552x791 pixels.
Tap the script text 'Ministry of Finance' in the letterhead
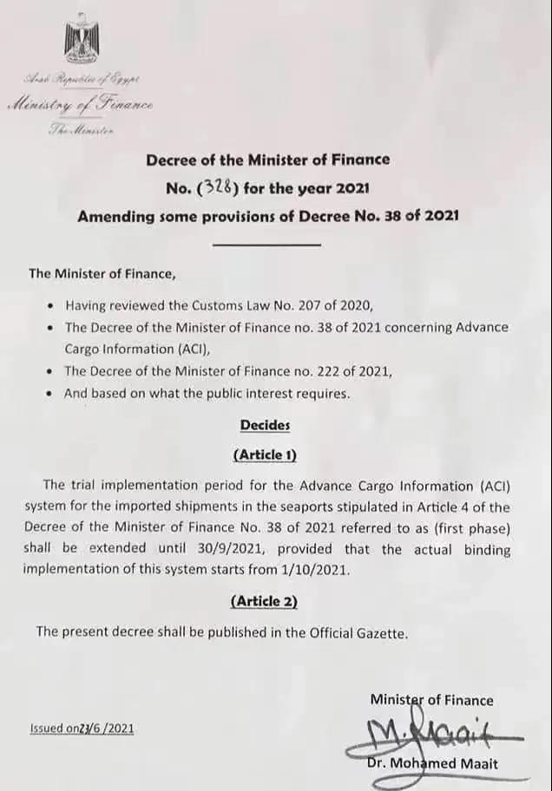tap(82, 105)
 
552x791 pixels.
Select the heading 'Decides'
tap(265, 425)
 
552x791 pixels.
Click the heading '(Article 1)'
tap(265, 454)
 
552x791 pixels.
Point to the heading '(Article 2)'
tap(264, 600)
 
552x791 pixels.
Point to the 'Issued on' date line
tap(82, 729)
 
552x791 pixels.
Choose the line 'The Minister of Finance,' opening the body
tap(102, 273)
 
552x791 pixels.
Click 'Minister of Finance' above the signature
tap(431, 700)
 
